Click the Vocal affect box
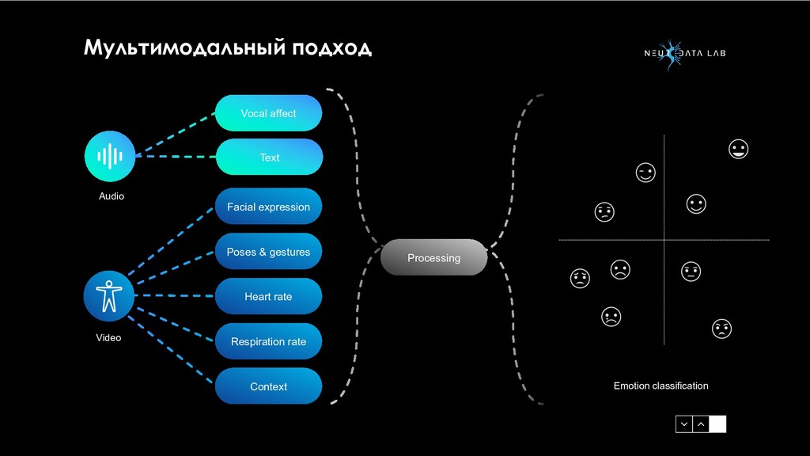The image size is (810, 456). click(x=268, y=113)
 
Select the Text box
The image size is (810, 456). click(x=269, y=158)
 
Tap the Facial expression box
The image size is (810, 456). click(x=268, y=207)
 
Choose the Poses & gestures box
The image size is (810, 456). click(x=268, y=252)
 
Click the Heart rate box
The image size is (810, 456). click(x=268, y=296)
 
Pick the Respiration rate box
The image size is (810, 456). click(x=268, y=341)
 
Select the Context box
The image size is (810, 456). click(x=268, y=386)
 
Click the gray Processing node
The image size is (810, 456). click(x=433, y=257)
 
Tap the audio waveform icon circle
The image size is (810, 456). click(x=110, y=156)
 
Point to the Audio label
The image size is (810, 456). click(x=112, y=196)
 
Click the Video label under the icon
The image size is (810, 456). click(x=109, y=338)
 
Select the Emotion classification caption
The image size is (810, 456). click(x=660, y=386)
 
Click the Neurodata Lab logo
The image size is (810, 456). click(x=683, y=54)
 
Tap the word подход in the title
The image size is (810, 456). click(x=331, y=48)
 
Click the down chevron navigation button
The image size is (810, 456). click(x=683, y=424)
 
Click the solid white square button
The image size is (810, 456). click(x=717, y=424)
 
